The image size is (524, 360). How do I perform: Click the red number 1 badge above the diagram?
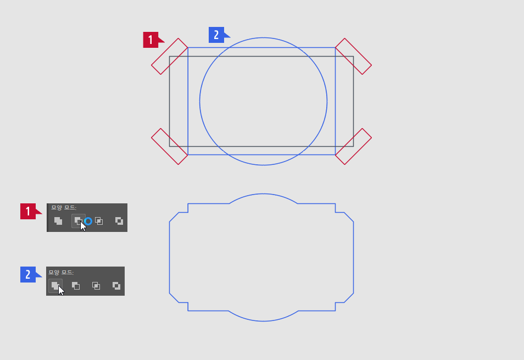(151, 40)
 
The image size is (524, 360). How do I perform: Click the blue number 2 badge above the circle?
(216, 35)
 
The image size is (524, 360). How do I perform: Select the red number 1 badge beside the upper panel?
(28, 211)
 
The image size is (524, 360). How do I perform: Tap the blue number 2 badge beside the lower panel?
(28, 274)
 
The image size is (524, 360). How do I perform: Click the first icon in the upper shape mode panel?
(58, 221)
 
